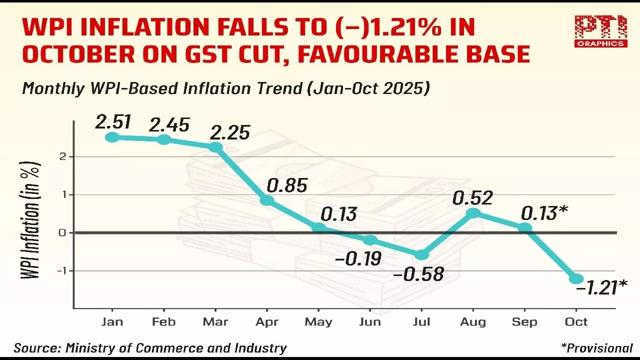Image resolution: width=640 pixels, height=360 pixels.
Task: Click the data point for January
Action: [112, 136]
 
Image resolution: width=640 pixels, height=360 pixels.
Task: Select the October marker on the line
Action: [576, 278]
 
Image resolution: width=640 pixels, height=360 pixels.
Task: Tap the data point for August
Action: [473, 213]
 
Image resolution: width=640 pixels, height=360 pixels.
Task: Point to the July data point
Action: [422, 254]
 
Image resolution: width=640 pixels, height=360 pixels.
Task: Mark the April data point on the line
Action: [267, 200]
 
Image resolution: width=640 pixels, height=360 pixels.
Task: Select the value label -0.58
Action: [419, 274]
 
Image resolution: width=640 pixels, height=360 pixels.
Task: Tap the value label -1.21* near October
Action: [601, 287]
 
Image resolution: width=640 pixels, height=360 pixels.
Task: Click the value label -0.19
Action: [357, 258]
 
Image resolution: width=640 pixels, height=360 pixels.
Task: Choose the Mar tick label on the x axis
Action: [215, 321]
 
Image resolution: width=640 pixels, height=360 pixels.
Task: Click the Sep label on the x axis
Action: [524, 321]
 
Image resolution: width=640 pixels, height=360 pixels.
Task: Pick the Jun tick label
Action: [370, 321]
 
